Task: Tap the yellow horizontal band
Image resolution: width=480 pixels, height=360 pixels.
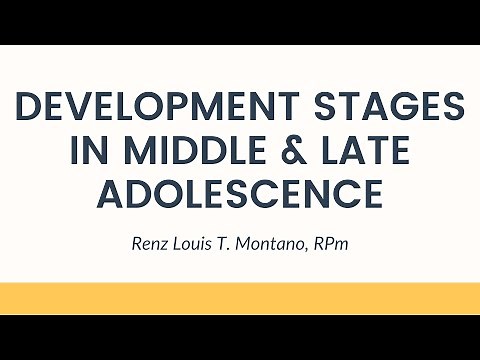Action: [x=240, y=297]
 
